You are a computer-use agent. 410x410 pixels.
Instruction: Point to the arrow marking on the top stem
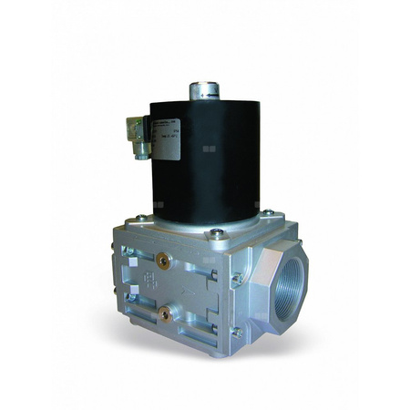tap(207, 90)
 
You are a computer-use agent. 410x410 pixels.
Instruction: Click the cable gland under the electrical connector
tap(142, 153)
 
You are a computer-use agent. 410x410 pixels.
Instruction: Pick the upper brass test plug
tap(166, 259)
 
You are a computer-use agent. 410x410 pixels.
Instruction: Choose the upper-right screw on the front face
tap(236, 280)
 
